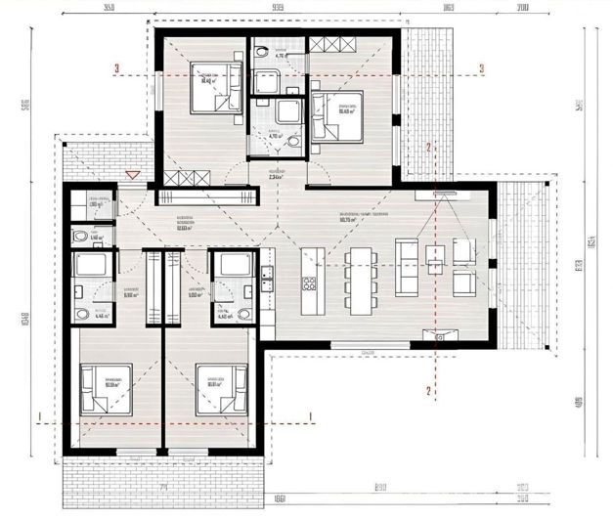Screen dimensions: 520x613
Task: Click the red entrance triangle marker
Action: tap(134, 175)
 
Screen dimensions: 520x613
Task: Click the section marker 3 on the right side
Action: tap(482, 68)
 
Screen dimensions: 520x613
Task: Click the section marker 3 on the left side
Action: tap(116, 68)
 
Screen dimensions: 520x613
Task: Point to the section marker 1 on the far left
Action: tap(37, 417)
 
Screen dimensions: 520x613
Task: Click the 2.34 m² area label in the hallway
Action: tap(277, 177)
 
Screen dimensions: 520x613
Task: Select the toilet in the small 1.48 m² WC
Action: tap(77, 237)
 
